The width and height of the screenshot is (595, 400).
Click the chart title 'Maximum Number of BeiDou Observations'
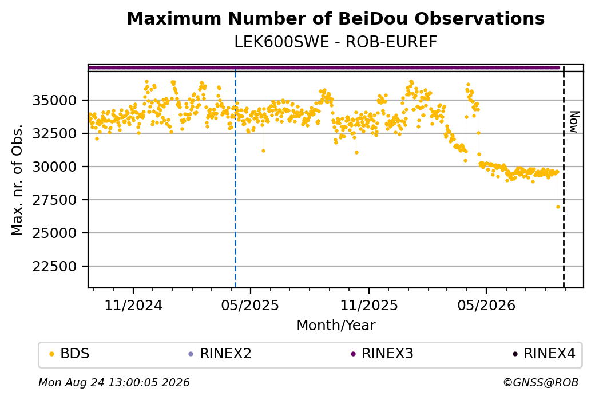point(335,18)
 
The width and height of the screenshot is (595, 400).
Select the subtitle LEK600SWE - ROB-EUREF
point(335,42)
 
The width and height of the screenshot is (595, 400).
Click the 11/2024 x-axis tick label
point(133,305)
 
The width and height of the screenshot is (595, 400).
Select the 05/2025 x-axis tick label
point(250,305)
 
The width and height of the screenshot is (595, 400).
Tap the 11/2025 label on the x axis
point(369,305)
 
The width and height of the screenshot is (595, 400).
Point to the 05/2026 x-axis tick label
point(486,305)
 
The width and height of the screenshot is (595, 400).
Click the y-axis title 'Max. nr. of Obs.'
point(17,180)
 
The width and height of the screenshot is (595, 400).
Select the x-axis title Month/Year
point(336,325)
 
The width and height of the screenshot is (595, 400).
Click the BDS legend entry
point(69,354)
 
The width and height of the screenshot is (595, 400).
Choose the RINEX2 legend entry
point(220,354)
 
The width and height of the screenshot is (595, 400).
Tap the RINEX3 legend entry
point(382,354)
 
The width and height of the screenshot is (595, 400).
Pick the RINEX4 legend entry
point(544,354)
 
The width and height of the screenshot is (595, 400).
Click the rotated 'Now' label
point(574,122)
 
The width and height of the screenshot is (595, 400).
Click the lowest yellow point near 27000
point(558,207)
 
